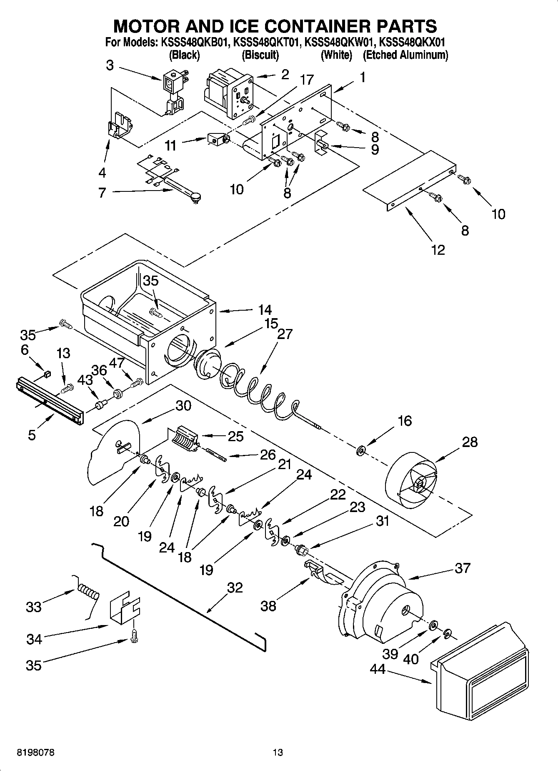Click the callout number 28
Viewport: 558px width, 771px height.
pyautogui.click(x=470, y=442)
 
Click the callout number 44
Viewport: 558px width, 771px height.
pyautogui.click(x=378, y=669)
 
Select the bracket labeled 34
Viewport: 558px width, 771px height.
pyautogui.click(x=124, y=610)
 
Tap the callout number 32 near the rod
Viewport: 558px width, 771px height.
pyautogui.click(x=235, y=588)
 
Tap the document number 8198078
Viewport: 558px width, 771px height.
pyautogui.click(x=35, y=753)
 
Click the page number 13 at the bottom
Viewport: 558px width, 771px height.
pyautogui.click(x=278, y=753)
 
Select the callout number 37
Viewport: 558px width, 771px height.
pyautogui.click(x=463, y=568)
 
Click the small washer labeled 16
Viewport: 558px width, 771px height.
pyautogui.click(x=361, y=450)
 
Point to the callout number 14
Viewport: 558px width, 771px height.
pyautogui.click(x=265, y=310)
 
